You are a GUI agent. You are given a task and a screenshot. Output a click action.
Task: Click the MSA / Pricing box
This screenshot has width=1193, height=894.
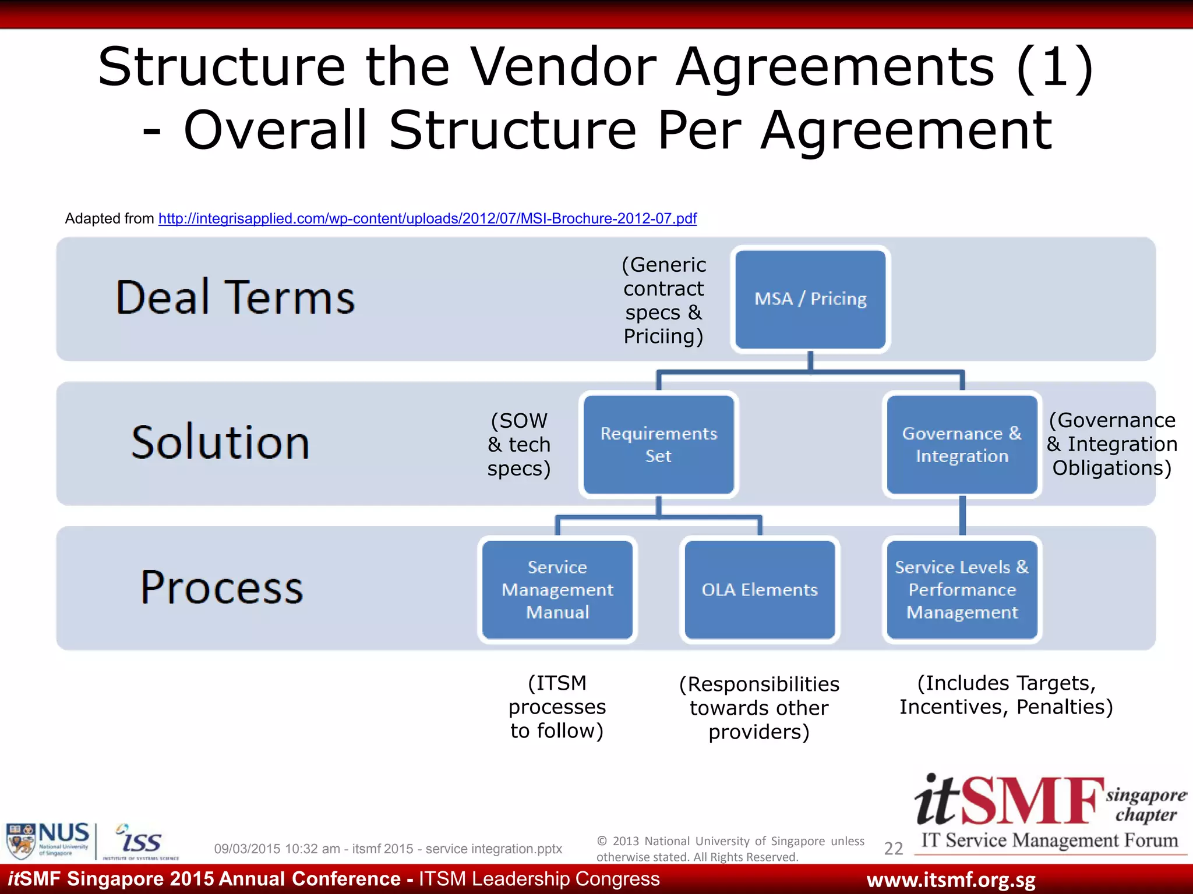810,299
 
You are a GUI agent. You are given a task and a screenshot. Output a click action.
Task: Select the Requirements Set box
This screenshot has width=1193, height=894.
658,445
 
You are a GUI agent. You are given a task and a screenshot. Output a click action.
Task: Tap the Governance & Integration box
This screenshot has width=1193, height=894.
962,445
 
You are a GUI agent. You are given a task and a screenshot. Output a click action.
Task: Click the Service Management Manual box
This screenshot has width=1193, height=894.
557,590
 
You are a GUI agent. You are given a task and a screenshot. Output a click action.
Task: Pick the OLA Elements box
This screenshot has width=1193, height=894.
760,590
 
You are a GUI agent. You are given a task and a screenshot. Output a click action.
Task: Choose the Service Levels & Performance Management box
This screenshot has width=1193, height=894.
962,590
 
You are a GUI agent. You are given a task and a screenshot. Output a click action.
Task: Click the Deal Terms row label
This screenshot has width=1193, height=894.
235,297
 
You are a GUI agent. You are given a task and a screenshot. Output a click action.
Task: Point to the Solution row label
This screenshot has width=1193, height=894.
220,442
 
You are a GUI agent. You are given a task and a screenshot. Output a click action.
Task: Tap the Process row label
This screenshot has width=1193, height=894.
222,587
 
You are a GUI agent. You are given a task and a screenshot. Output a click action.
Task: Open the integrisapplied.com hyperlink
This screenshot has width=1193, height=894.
427,219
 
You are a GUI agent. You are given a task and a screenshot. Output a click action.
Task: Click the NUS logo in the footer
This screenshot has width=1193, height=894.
48,840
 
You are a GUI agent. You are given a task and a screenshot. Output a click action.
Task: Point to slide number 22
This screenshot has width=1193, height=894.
893,849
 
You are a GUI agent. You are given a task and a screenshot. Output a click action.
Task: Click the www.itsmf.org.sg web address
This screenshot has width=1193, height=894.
951,880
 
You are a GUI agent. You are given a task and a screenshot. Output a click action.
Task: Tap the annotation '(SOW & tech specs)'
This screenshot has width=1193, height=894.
518,445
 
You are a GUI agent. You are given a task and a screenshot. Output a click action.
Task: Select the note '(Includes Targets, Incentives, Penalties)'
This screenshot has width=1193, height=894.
1006,695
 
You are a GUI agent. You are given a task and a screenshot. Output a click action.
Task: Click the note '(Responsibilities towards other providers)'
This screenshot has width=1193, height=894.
759,708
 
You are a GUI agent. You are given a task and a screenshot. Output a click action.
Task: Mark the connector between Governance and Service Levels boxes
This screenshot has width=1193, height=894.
962,516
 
